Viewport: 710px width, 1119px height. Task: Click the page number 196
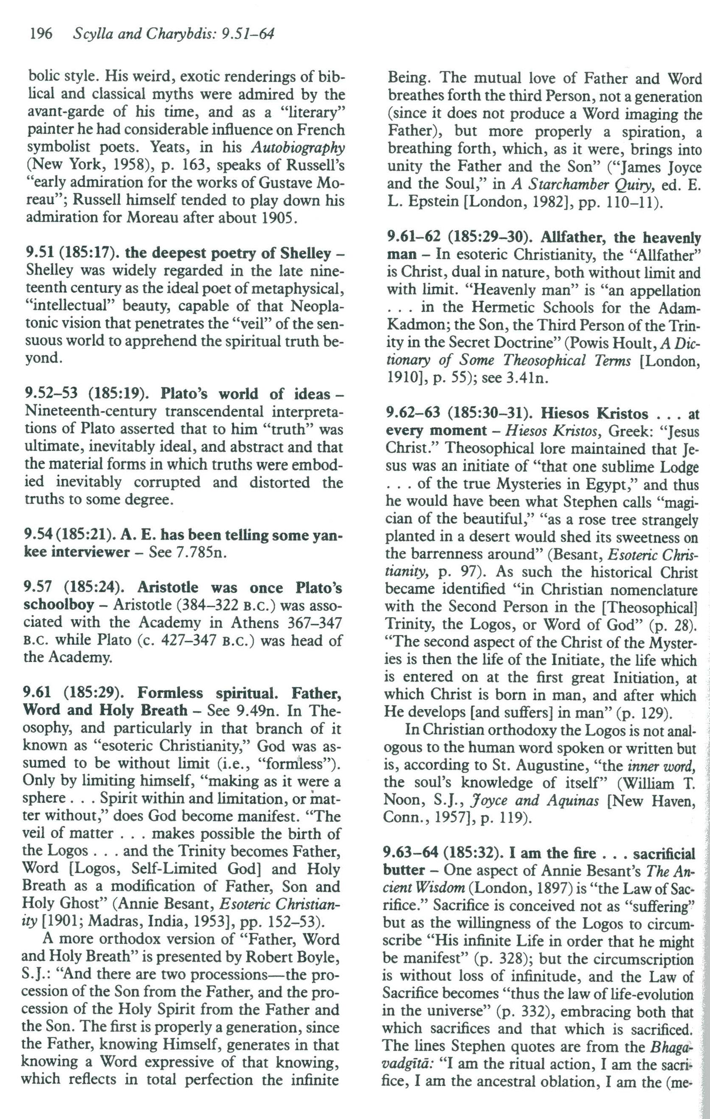click(x=40, y=34)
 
